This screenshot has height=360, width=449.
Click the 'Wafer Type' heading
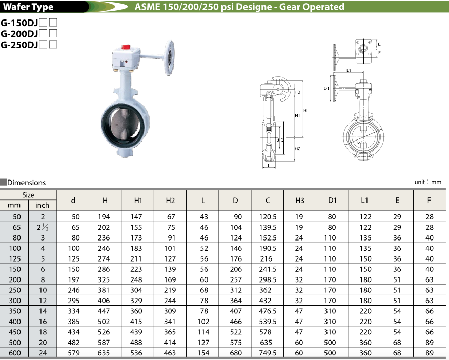[x=29, y=7]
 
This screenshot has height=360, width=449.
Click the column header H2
[x=171, y=201]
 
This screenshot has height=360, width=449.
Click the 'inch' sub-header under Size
[x=43, y=205]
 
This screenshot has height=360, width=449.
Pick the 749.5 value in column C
[x=268, y=353]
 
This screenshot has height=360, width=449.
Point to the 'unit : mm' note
[x=427, y=182]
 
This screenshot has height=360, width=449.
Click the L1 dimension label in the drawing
[x=349, y=70]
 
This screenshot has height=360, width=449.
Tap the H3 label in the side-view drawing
[x=297, y=92]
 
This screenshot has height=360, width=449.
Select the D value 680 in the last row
[x=236, y=353]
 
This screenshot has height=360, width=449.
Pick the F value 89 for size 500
[x=429, y=342]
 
